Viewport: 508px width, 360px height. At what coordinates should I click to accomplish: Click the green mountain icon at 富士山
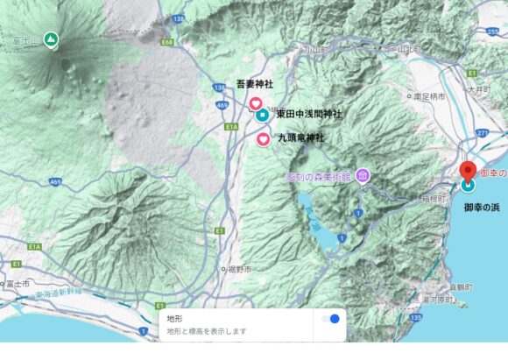pos(52,39)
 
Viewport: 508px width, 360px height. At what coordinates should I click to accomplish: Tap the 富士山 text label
pos(25,39)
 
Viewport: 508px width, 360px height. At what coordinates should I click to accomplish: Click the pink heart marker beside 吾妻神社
pos(256,104)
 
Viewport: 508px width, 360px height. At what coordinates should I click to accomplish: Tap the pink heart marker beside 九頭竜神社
pos(263,138)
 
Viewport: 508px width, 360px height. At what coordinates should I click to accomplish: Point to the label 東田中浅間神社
pos(309,115)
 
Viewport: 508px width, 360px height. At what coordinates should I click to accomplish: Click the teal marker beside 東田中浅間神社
pos(262,116)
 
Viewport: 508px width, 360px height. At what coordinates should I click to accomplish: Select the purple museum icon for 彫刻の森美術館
pos(363,176)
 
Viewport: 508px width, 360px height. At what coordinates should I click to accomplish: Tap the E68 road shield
pos(167,41)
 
